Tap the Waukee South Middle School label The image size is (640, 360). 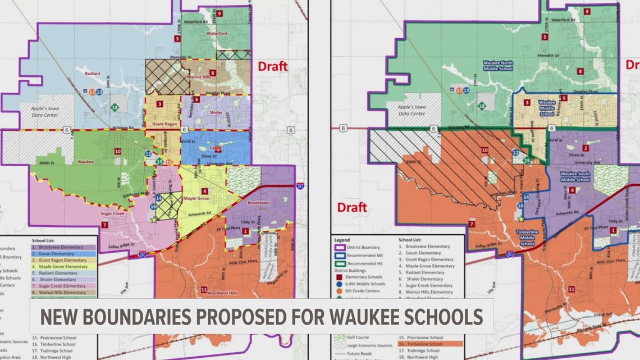pyautogui.click(x=575, y=176)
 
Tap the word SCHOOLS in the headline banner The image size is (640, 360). pyautogui.click(x=440, y=317)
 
